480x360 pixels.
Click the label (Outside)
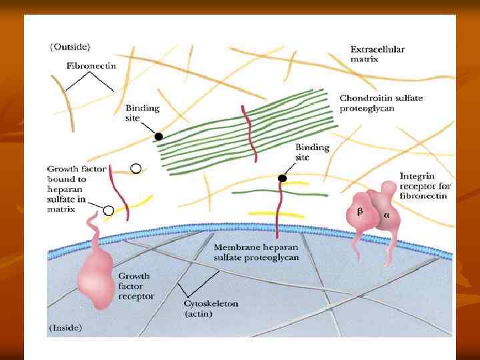[x=71, y=47]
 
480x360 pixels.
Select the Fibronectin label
[x=91, y=66]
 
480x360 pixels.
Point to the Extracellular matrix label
[x=377, y=53]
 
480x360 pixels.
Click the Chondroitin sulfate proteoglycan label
[x=381, y=104]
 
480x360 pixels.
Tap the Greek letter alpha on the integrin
[x=386, y=216]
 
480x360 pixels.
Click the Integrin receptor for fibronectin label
[x=425, y=186]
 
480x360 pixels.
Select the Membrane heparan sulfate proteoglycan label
[x=256, y=252]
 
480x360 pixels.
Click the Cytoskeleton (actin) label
[x=211, y=309]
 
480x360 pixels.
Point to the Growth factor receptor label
[x=135, y=285]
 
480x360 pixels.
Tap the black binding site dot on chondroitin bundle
[x=158, y=137]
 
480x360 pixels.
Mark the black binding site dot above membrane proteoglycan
[x=282, y=179]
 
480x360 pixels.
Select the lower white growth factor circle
[x=108, y=211]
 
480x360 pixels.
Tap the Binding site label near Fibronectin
[x=142, y=113]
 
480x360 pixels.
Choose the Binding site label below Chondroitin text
[x=312, y=152]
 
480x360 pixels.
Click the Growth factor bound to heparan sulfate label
[x=76, y=189]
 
